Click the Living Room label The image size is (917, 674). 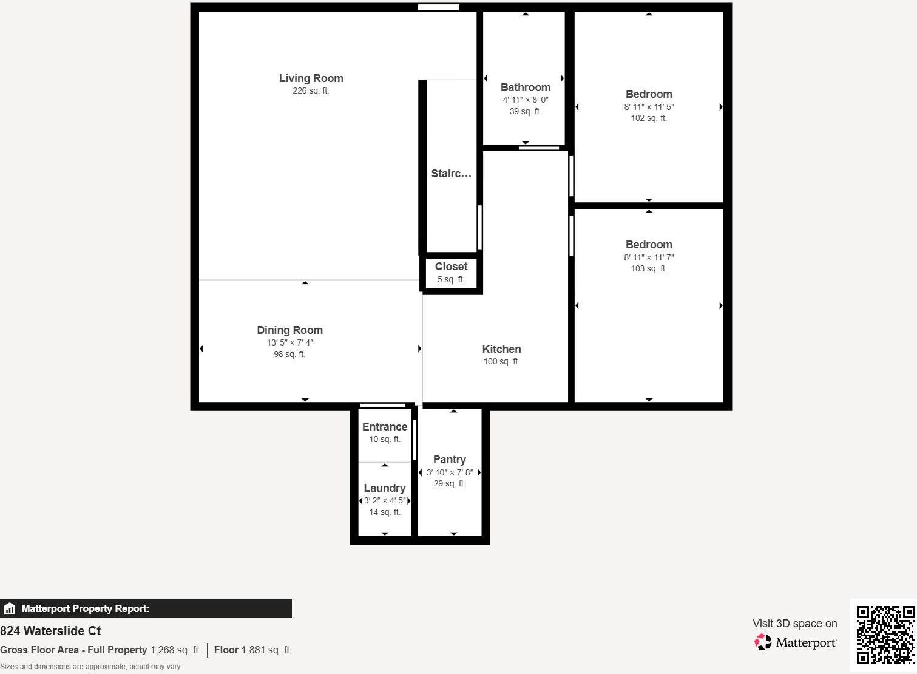point(311,78)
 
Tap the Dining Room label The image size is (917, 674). point(289,330)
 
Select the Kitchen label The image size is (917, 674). point(501,349)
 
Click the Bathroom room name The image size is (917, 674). point(526,87)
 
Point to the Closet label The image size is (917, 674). point(451,267)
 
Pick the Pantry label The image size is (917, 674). point(450,460)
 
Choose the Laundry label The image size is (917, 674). point(384,488)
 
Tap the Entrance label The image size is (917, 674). point(385,427)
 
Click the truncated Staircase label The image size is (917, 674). point(451,174)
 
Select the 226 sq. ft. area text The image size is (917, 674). point(311,91)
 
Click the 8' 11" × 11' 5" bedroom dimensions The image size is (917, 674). point(649,107)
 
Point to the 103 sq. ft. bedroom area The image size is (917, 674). point(649,268)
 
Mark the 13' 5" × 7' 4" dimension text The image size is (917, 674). point(289,342)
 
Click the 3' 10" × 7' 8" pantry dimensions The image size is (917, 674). point(450,472)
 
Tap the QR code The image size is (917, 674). point(885,635)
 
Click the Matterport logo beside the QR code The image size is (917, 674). point(796,642)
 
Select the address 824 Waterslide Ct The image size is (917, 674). point(50,631)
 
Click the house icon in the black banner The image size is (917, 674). point(10,608)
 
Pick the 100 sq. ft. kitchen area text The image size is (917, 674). point(501,362)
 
